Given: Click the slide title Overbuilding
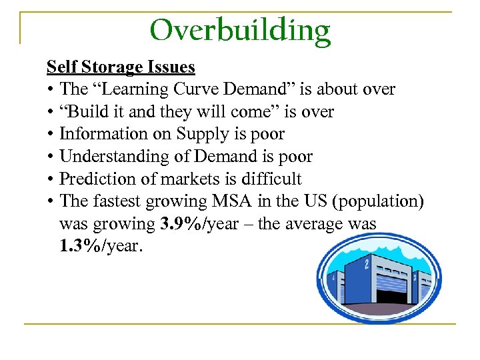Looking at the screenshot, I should pyautogui.click(x=240, y=29).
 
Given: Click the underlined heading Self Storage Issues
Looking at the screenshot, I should pyautogui.click(x=121, y=67).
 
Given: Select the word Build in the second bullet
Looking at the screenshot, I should pyautogui.click(x=85, y=111).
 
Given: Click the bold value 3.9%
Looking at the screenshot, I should pyautogui.click(x=183, y=225).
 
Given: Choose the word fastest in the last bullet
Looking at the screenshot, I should pyautogui.click(x=118, y=202).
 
